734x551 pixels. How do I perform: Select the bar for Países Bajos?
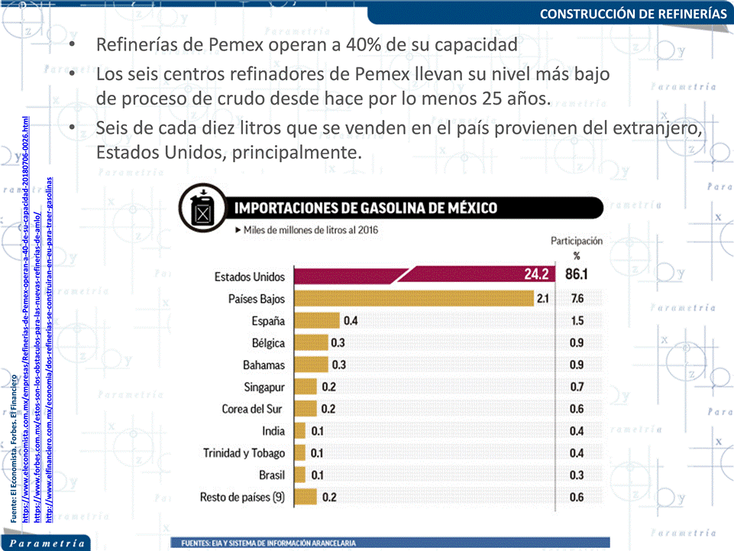[420, 298]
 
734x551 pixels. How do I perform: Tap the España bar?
[317, 320]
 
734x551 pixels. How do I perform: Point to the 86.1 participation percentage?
[577, 276]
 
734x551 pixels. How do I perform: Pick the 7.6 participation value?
[577, 298]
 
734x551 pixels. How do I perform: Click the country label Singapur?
[264, 387]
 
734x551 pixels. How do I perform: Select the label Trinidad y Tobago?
[244, 453]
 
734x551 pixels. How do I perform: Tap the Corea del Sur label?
[253, 409]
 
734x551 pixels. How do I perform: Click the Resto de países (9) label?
[242, 498]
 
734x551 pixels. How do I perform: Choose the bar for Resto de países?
[306, 498]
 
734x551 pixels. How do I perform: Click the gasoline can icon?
[202, 208]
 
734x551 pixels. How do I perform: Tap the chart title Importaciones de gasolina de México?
[365, 208]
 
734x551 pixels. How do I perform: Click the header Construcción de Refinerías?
[633, 14]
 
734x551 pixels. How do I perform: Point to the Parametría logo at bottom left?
[46, 543]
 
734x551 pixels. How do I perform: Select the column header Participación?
[577, 241]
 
